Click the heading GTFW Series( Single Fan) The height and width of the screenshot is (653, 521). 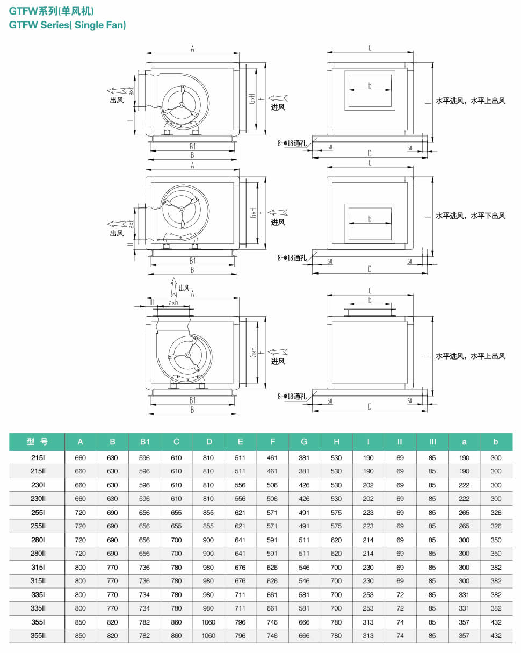(x=67, y=25)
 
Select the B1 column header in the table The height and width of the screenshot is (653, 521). (x=144, y=441)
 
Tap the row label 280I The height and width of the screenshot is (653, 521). (x=38, y=540)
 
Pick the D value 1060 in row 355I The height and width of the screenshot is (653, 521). (x=208, y=622)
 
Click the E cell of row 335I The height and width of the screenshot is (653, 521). (x=240, y=594)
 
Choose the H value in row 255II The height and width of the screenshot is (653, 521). (x=336, y=526)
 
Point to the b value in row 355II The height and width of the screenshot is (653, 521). (x=496, y=635)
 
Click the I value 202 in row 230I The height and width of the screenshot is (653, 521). (x=368, y=485)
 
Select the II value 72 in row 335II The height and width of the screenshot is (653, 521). (x=400, y=608)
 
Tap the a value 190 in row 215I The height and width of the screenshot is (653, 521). (x=464, y=457)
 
